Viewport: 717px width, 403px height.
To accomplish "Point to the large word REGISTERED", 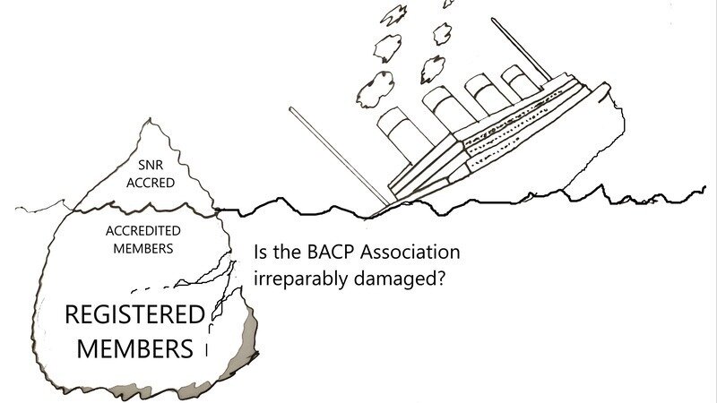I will [134, 315].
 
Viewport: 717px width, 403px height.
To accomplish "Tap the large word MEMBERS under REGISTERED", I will [135, 347].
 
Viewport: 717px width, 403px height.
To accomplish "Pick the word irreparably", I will [296, 278].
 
